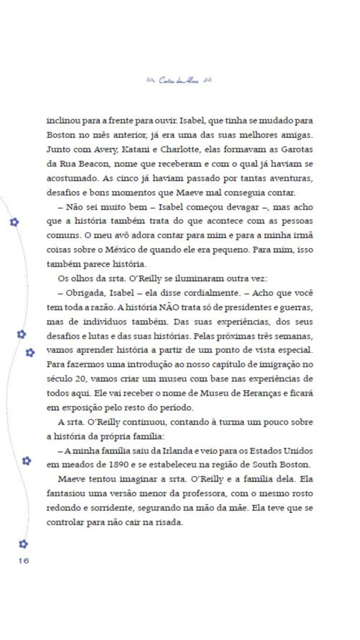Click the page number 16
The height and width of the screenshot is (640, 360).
24,561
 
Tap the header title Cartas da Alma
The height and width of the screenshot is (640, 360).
179,81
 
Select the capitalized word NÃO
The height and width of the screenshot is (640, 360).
169,307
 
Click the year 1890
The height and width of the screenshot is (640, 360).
118,465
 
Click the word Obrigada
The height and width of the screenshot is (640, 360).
85,293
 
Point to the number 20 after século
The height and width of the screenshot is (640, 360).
80,379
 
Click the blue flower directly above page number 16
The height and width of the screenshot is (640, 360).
23,544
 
